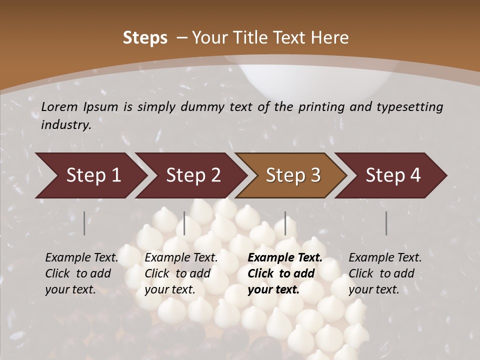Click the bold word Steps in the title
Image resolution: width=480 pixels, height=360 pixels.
[x=145, y=38]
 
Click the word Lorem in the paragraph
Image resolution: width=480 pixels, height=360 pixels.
[x=57, y=107]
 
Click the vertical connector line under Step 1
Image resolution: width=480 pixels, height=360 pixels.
[x=84, y=223]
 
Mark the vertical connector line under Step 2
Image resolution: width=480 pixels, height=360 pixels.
[x=184, y=223]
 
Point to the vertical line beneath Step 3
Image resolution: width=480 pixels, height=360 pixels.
[x=285, y=223]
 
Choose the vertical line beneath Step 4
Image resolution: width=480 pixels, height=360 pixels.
[x=386, y=223]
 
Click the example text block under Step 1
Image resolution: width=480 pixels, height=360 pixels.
[x=81, y=273]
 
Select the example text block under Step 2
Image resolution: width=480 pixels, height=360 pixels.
[x=180, y=273]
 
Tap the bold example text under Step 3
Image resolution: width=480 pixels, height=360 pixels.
[x=284, y=273]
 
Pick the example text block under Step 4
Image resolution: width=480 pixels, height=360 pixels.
[x=384, y=273]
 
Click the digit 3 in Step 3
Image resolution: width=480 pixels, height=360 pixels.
[x=315, y=175]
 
